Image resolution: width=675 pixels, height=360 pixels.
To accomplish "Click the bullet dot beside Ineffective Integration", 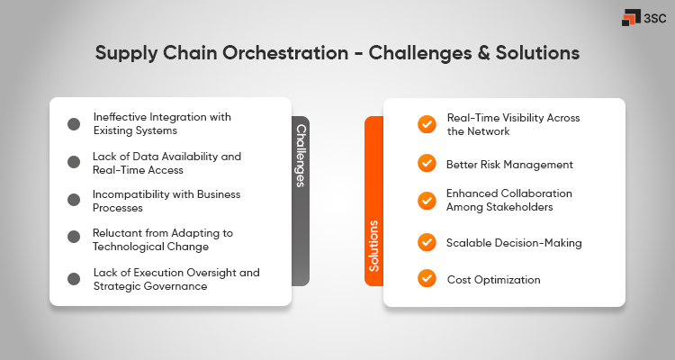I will [74, 124].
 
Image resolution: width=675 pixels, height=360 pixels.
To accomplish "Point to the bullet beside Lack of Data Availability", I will [74, 162].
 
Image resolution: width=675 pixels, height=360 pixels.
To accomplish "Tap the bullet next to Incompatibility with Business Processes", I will [74, 200].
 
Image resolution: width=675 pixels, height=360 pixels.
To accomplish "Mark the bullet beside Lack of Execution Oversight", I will [74, 279].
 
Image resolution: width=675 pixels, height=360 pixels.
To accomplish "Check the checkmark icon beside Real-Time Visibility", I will [427, 125].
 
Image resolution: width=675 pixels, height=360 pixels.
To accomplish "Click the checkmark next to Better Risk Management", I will [427, 164].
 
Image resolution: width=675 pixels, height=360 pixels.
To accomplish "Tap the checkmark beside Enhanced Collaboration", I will [427, 201].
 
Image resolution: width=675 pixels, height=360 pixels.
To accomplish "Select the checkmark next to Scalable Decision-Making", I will [427, 241].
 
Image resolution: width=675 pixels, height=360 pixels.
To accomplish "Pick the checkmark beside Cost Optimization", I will [427, 279].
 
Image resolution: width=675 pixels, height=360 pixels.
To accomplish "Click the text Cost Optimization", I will [493, 280].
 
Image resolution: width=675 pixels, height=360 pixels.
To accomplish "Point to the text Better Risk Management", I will [509, 165].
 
